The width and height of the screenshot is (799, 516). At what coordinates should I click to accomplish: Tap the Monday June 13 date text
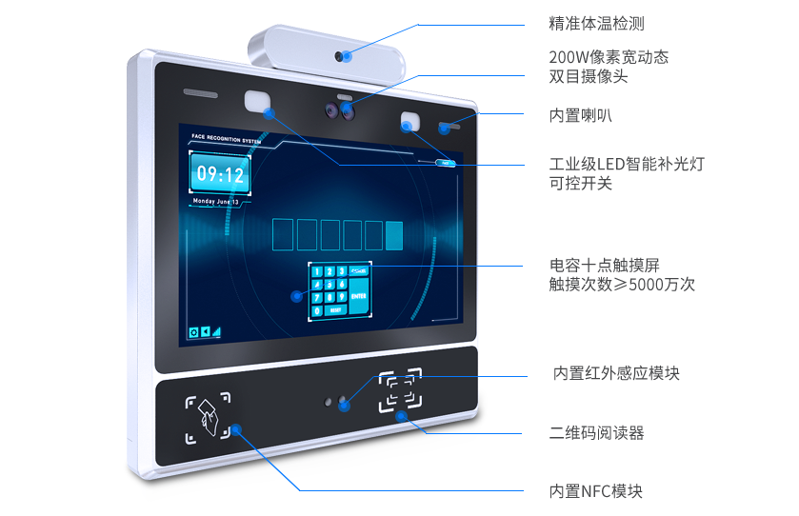click(x=217, y=202)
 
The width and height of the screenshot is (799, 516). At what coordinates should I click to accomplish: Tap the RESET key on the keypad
click(x=333, y=310)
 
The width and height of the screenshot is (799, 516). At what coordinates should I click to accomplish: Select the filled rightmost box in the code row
click(x=394, y=235)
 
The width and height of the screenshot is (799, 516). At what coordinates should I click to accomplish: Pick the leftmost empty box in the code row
click(x=283, y=234)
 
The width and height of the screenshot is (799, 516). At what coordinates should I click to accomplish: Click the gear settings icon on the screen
click(x=193, y=332)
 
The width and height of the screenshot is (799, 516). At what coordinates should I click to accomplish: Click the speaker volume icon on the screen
click(x=205, y=332)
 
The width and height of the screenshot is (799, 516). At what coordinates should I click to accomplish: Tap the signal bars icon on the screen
click(x=216, y=332)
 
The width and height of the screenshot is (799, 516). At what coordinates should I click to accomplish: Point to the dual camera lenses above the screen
click(x=341, y=111)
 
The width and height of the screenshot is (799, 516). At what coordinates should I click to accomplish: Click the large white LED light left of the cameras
click(x=257, y=101)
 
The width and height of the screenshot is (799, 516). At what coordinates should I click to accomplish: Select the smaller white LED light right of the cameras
click(x=410, y=122)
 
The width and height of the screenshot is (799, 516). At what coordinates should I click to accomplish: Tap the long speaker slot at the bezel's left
click(x=201, y=95)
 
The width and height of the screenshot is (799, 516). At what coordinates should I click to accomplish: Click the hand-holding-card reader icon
click(x=207, y=419)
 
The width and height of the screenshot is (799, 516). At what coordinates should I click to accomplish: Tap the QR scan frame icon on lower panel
click(x=401, y=391)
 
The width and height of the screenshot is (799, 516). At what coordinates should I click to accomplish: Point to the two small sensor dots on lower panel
click(x=334, y=401)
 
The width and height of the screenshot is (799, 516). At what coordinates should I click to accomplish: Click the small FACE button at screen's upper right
click(x=446, y=163)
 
